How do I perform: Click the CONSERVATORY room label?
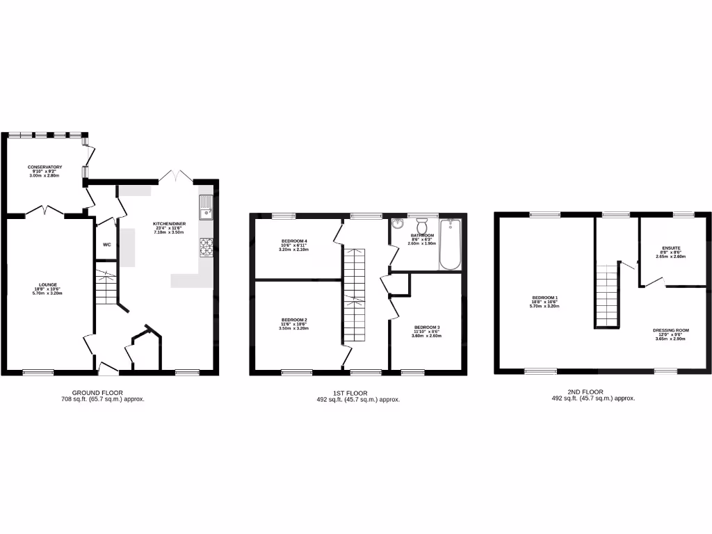pos(45,167)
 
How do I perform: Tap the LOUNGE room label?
pos(47,285)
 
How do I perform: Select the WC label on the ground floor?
pos(107,245)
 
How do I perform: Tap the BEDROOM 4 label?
pos(293,241)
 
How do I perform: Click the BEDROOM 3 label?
pos(427,327)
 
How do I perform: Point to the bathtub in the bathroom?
pos(451,245)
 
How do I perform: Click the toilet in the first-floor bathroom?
pos(421,227)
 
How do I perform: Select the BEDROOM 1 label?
pos(544,298)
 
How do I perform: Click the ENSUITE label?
pos(671,248)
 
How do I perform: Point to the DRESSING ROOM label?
pos(671,330)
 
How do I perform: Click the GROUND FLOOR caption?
pos(102,393)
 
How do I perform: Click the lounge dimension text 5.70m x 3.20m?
pos(47,294)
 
